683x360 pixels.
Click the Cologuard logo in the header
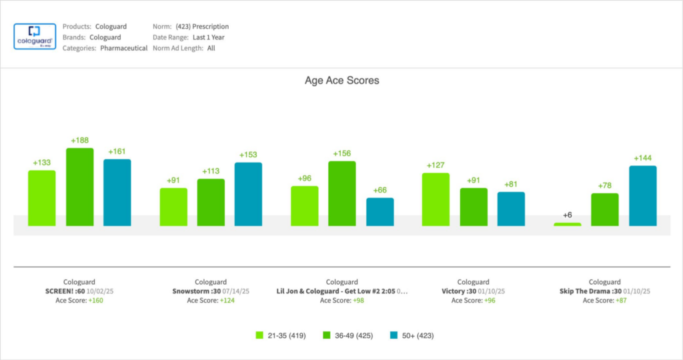point(35,37)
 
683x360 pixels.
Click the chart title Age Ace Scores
point(341,81)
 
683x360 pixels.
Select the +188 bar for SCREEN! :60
point(79,187)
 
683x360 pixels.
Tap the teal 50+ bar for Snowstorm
point(248,194)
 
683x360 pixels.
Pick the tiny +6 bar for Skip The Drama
point(567,224)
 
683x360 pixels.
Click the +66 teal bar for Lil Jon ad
point(380,211)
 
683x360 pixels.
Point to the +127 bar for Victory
point(436,199)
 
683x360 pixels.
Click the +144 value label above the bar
point(642,159)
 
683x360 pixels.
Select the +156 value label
point(341,154)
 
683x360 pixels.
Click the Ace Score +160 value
point(95,301)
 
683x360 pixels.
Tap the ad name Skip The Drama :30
point(590,291)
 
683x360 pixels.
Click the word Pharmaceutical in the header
point(123,48)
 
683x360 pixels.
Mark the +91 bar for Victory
point(474,207)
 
